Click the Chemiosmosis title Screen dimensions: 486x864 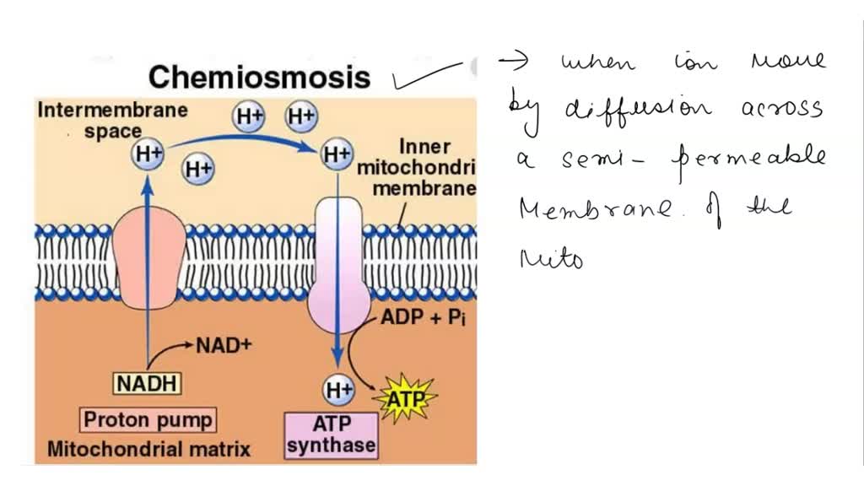[259, 78]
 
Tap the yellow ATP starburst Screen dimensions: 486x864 [407, 396]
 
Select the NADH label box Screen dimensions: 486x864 [148, 383]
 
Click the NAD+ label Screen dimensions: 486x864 [224, 345]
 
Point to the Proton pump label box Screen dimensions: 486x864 [148, 419]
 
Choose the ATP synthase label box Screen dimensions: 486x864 [330, 435]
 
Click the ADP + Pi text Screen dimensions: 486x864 [423, 319]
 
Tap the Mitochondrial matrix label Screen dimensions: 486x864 [148, 449]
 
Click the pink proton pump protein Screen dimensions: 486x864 [148, 257]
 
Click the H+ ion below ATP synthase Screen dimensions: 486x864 [338, 390]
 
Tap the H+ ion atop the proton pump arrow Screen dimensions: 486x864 [147, 154]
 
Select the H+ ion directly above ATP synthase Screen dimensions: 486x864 [337, 154]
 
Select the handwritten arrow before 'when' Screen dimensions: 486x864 [516, 60]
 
